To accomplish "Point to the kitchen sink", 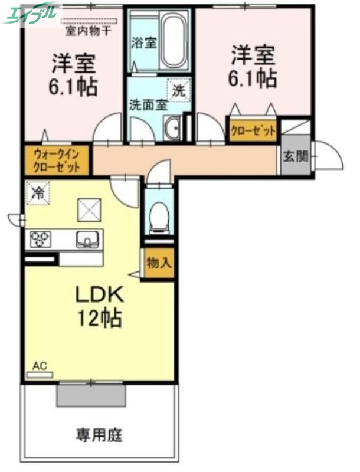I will (x=87, y=239).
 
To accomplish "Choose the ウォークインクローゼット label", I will (x=57, y=160).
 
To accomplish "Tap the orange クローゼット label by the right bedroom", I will (x=253, y=131).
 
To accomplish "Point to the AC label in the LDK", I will (x=39, y=366).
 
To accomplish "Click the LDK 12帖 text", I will (x=99, y=306).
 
